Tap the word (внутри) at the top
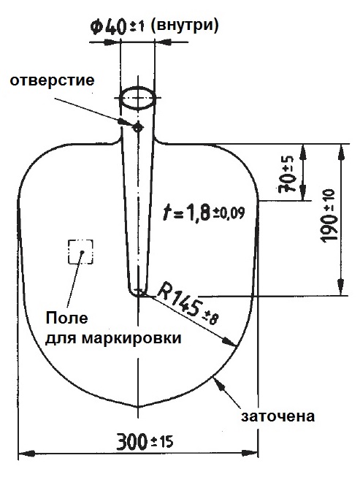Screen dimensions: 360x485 [x=185, y=25]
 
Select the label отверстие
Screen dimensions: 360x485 [x=53, y=80]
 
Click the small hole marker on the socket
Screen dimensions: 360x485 [x=137, y=127]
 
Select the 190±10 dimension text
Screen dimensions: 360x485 [x=328, y=215]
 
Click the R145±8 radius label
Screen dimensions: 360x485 [x=188, y=305]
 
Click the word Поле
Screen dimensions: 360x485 [x=66, y=318]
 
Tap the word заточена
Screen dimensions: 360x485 [x=277, y=416]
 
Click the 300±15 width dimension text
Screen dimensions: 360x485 [x=145, y=441]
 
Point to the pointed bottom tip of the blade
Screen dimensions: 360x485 [x=138, y=407]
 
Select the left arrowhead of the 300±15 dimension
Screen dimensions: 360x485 [x=26, y=454]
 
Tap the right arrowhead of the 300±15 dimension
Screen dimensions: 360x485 [x=250, y=454]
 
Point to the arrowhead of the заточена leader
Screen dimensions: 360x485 [x=218, y=384]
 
